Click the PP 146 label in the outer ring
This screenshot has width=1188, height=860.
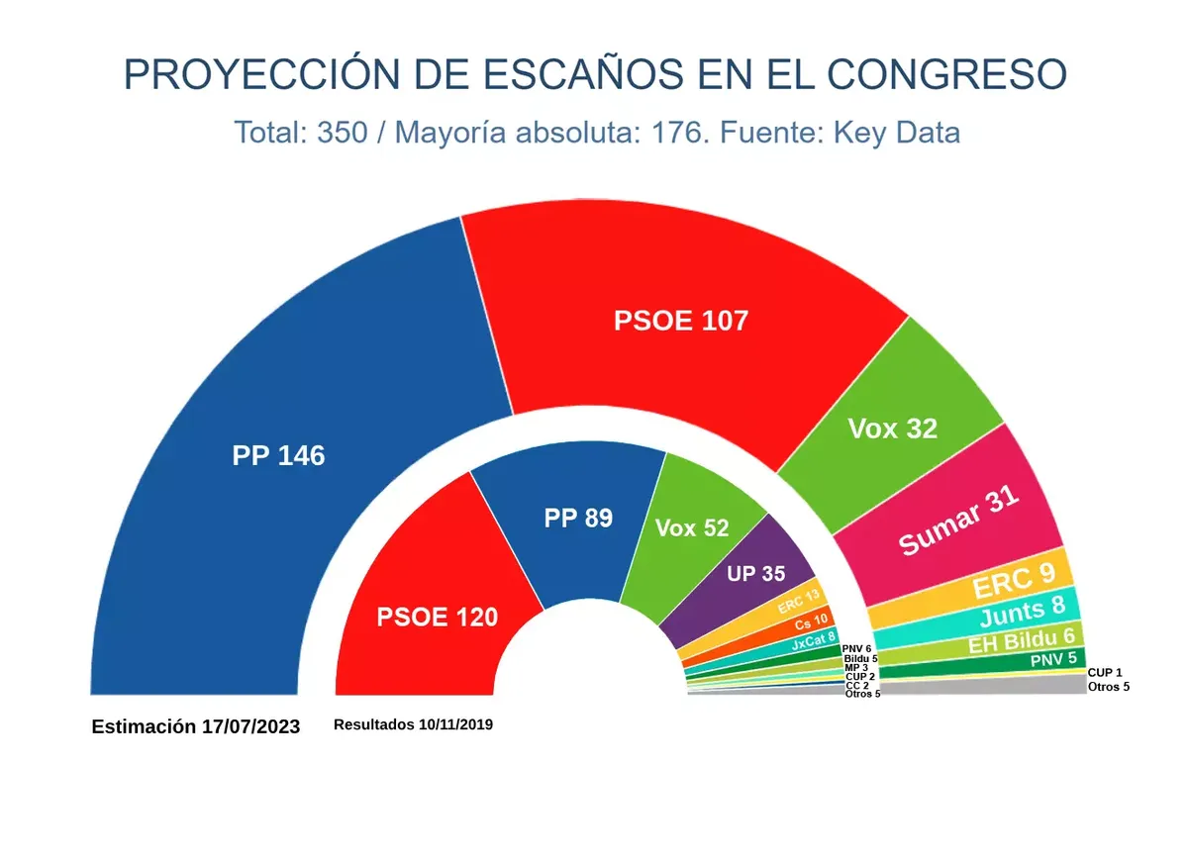(x=278, y=456)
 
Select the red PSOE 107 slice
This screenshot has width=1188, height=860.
(x=681, y=321)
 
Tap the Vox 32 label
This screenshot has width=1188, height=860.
(x=892, y=429)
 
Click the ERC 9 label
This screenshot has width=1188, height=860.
(x=1014, y=584)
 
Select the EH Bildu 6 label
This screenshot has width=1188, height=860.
(x=1021, y=642)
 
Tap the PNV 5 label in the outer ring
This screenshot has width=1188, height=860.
(x=1051, y=658)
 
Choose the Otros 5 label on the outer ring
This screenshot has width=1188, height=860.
(x=1108, y=687)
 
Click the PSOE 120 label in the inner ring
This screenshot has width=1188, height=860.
(x=437, y=618)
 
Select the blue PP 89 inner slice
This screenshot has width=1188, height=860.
(x=578, y=518)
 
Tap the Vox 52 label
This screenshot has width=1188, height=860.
(x=692, y=528)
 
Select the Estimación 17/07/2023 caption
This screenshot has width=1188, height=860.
(x=195, y=726)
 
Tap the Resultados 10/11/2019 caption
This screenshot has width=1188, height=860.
(x=413, y=724)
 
